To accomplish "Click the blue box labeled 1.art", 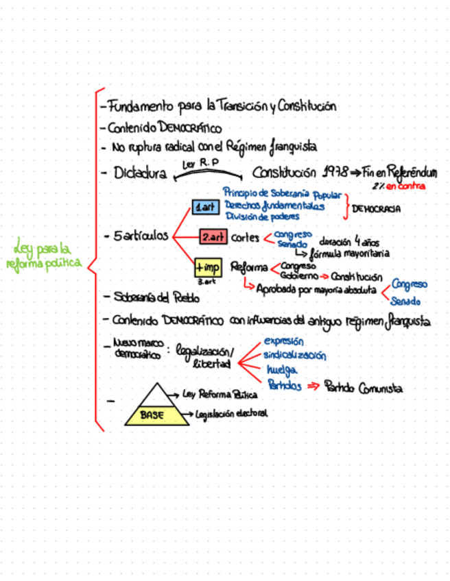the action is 206,206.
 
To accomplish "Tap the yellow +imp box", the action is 208,267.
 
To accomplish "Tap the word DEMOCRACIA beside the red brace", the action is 375,210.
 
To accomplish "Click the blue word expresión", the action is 284,341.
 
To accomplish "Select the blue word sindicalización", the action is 294,356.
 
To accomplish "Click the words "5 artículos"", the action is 140,235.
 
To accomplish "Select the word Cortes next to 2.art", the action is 245,238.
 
